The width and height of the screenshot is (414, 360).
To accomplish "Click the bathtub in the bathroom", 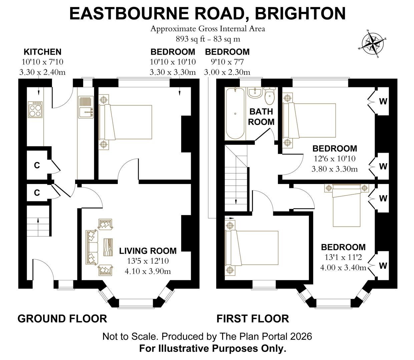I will pos(236,114).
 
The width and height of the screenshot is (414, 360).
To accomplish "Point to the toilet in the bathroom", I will pos(269,96).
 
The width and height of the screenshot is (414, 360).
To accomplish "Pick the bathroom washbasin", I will pos(255,92).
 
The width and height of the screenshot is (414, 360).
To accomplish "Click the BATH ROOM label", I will pos(261,117).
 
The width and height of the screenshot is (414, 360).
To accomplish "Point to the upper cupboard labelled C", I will pos(37,165).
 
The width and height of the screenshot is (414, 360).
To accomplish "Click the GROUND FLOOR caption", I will pos(62,319).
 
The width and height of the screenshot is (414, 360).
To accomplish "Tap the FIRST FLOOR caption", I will pos(253,319).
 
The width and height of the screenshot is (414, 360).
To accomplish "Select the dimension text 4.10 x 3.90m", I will pos(148,271).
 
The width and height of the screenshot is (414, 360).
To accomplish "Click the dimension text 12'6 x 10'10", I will pos(335,159).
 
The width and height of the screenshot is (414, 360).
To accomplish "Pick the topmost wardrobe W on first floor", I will pos(383,101).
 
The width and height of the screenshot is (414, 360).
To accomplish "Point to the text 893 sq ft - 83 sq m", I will pos(208,39).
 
